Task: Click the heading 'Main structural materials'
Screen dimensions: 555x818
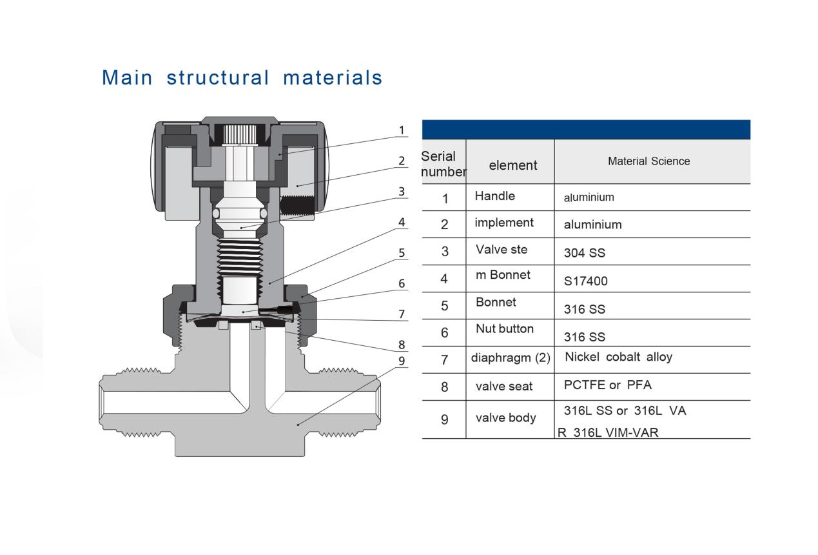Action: [x=242, y=77]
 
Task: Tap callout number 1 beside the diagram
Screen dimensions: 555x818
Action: [x=402, y=130]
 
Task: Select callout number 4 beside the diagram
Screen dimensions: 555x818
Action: [x=402, y=222]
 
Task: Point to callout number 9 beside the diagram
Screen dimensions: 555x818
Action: [x=402, y=361]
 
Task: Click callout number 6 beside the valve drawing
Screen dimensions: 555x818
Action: [x=402, y=283]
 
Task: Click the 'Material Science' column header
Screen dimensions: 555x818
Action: [x=648, y=161]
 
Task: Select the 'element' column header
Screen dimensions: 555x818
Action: [x=512, y=165]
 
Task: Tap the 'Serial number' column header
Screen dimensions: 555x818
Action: [x=443, y=164]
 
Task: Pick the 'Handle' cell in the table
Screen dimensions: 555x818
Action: [x=494, y=196]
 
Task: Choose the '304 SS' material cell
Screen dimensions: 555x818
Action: [x=584, y=253]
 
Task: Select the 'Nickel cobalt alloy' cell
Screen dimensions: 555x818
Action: [x=618, y=357]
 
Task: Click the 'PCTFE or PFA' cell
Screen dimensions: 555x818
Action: [x=607, y=385]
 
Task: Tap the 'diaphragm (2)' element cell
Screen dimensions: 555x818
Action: [x=510, y=358]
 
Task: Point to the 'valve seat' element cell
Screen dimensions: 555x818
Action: [x=504, y=386]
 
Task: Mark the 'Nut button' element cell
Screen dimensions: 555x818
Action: [x=505, y=328]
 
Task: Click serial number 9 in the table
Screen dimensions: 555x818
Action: [x=444, y=419]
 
